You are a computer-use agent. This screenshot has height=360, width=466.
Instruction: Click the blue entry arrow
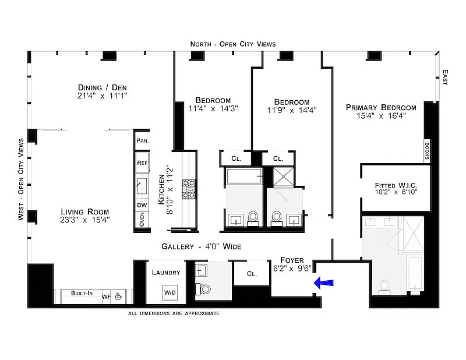point(324,283)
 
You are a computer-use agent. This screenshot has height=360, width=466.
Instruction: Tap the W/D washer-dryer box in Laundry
point(170,292)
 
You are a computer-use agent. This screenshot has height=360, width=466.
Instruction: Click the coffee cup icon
point(118,296)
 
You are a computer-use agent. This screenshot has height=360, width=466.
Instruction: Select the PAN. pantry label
point(142,140)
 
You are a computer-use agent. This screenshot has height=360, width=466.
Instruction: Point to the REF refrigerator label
point(142,163)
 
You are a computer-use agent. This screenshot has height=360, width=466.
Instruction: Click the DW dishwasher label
point(142,205)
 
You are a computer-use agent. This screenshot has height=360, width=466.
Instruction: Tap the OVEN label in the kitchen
point(142,220)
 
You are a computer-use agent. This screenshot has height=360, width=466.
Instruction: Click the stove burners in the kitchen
point(189,189)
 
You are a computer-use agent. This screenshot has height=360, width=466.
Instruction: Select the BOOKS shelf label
point(427,151)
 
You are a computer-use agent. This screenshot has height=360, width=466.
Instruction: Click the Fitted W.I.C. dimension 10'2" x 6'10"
point(396,192)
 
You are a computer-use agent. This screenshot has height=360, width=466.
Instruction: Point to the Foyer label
point(292,260)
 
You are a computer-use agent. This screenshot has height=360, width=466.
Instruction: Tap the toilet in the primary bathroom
point(384,287)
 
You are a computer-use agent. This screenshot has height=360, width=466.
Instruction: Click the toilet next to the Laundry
point(203,289)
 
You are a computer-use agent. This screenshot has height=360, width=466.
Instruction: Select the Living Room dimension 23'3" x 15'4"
point(84,220)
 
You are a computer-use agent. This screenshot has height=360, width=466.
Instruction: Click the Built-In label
point(82,293)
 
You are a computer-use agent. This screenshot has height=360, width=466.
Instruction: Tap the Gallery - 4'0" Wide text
point(202,246)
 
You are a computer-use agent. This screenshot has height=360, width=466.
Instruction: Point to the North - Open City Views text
point(233,44)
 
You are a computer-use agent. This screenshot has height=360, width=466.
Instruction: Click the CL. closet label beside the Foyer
point(252,274)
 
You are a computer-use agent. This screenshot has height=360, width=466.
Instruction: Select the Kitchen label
point(161,189)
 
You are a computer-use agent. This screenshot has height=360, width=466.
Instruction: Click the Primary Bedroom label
point(381,107)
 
